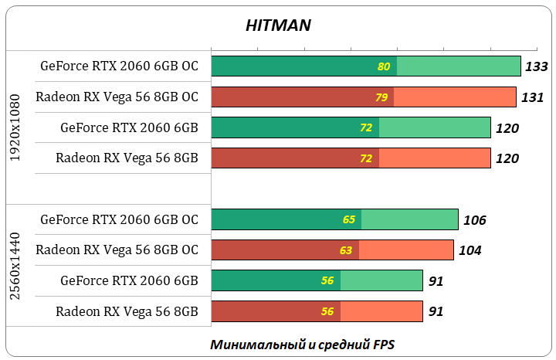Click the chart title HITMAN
tap(278, 25)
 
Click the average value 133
tap(536, 67)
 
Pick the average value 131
tap(533, 97)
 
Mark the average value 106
tap(474, 220)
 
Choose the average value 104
tap(470, 250)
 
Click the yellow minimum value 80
tap(384, 66)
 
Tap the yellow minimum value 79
tap(381, 97)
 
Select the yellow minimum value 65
tap(349, 219)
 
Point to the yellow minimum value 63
tap(346, 250)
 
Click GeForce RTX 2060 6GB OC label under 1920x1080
tap(119, 66)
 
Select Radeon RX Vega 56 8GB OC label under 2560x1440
tap(117, 250)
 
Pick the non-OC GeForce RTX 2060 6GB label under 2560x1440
tap(129, 280)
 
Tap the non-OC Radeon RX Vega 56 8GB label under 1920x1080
tap(127, 158)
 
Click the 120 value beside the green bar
tap(507, 128)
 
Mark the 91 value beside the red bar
tap(436, 312)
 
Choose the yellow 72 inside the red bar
tap(366, 158)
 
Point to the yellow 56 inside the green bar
tap(327, 281)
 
